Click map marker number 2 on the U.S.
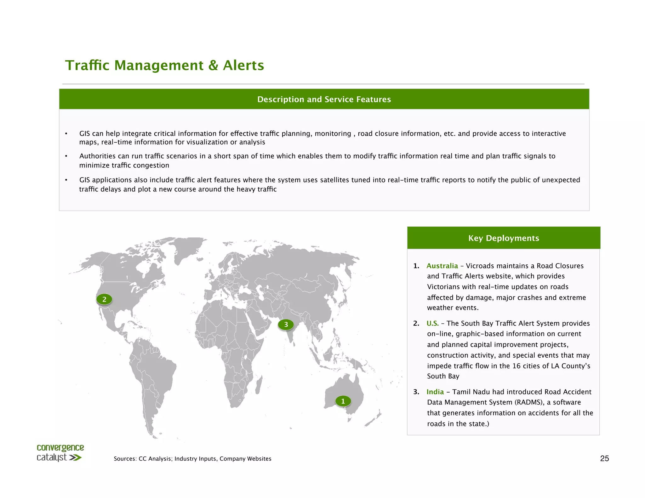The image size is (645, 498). click(104, 299)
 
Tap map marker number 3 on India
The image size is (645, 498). click(286, 325)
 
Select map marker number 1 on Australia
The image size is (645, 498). click(343, 401)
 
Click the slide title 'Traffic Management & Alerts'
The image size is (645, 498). click(164, 65)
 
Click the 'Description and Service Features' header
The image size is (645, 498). click(324, 99)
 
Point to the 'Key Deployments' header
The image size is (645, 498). click(504, 238)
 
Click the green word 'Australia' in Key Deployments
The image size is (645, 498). click(442, 266)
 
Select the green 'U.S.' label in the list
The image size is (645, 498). click(432, 323)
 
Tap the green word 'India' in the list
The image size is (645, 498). click(435, 392)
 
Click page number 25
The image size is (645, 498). click(604, 458)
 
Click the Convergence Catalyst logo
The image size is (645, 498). click(60, 453)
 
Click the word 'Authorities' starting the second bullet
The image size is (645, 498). click(97, 156)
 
